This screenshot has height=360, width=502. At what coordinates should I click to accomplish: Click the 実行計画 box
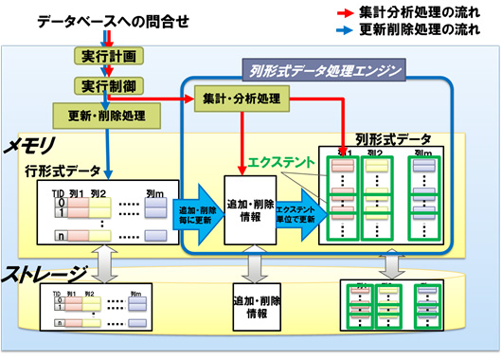tap(109, 56)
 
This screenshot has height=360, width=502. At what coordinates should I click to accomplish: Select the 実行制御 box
tap(109, 85)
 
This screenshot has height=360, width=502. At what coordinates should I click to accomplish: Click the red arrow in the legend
tap(349, 13)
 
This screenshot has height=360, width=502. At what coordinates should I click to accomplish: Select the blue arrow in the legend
tap(349, 30)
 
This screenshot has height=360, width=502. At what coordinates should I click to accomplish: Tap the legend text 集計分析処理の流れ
tap(423, 13)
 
